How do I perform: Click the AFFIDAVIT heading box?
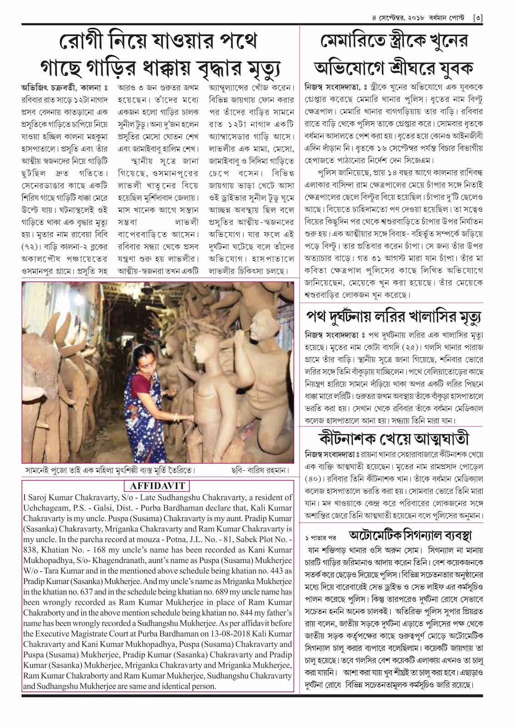pyautogui.click(x=157, y=486)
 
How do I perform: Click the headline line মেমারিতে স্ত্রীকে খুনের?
pyautogui.click(x=394, y=42)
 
